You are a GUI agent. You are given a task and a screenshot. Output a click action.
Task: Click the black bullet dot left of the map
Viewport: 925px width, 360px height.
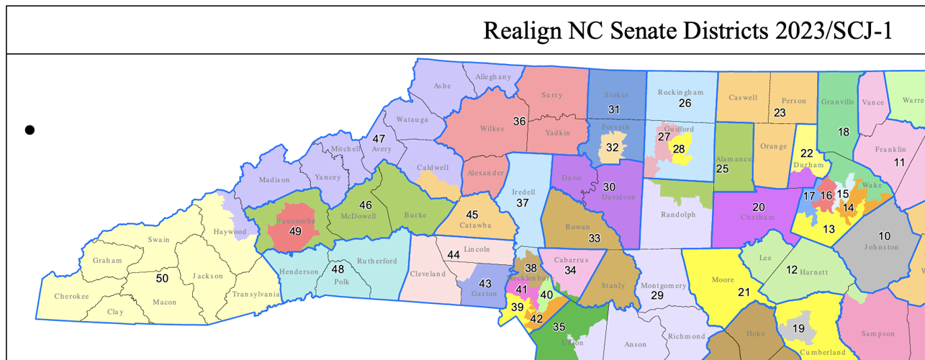[x=30, y=130]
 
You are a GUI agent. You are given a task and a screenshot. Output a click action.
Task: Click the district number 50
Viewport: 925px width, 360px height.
[x=163, y=277]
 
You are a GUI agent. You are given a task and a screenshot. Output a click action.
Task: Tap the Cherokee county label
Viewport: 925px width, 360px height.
[x=71, y=297]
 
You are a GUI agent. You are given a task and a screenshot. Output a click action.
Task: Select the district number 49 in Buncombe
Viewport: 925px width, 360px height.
[x=295, y=231]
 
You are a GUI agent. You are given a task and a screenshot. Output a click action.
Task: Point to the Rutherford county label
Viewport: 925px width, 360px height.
[x=376, y=261]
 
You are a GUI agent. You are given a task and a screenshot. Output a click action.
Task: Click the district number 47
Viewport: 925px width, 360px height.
[x=379, y=138]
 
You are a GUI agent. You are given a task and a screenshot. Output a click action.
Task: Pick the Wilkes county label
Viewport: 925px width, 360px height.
[x=492, y=129]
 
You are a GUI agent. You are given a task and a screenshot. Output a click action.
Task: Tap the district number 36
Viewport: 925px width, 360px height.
[x=519, y=121]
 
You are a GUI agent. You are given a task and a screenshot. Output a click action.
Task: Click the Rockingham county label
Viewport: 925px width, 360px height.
[x=680, y=92]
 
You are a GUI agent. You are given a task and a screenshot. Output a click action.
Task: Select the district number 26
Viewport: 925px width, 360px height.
[x=685, y=104]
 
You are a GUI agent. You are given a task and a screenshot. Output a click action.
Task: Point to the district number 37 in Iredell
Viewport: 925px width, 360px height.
[x=523, y=204]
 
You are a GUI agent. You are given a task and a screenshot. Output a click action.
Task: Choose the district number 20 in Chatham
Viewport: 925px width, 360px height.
[x=759, y=207]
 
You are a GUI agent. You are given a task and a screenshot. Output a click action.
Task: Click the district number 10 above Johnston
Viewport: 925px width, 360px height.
[x=885, y=235]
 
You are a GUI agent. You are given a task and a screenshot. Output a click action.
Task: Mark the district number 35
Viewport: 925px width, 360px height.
[x=559, y=326]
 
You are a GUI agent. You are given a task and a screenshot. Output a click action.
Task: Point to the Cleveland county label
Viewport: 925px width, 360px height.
[x=428, y=274]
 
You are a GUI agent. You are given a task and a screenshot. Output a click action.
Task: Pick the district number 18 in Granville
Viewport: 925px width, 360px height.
[x=844, y=132]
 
